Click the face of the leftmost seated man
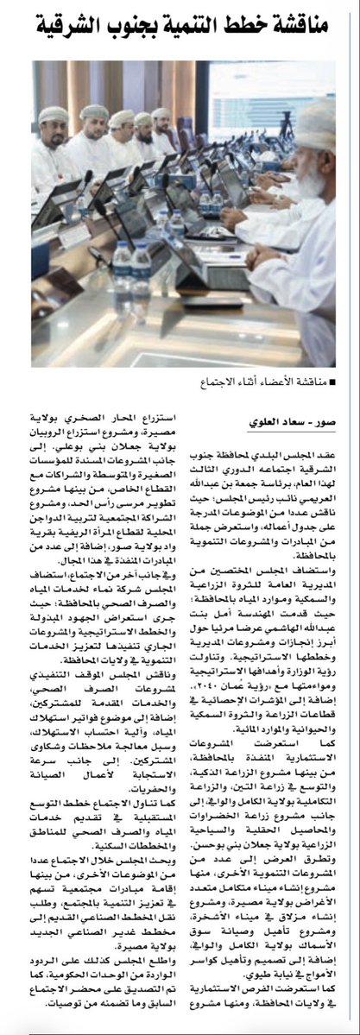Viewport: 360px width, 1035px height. pos(51,129)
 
